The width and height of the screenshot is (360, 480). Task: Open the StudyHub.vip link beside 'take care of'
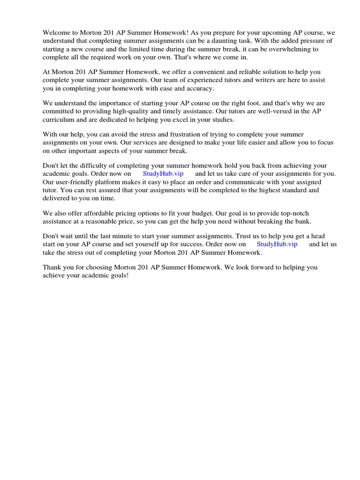(x=163, y=174)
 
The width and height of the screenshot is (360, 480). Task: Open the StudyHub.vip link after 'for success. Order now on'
(x=277, y=244)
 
